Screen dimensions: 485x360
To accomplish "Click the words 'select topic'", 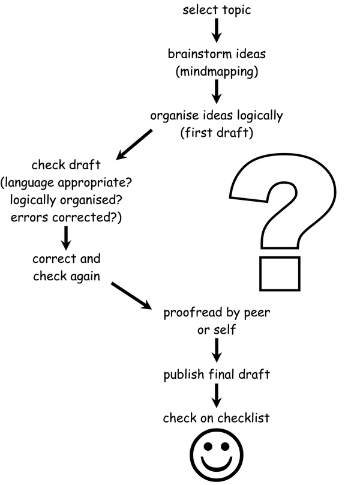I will (x=216, y=10).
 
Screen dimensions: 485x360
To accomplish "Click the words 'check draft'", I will (x=66, y=165).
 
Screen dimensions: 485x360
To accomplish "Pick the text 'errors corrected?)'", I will (x=66, y=217).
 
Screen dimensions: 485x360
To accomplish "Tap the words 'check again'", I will (x=66, y=276).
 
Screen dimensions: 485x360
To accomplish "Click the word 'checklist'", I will (x=245, y=418).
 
